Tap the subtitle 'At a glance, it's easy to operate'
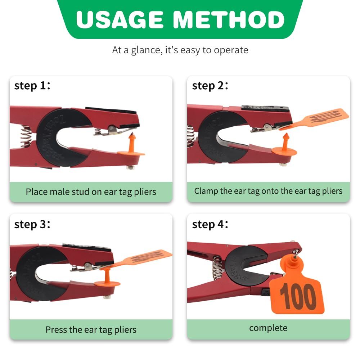180,50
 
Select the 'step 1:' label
32,86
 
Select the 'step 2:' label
210,86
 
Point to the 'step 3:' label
32,224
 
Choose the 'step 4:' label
210,224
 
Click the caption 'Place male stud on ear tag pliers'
91,191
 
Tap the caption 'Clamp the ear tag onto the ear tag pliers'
268,191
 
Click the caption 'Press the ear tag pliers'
91,329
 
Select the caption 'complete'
268,328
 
